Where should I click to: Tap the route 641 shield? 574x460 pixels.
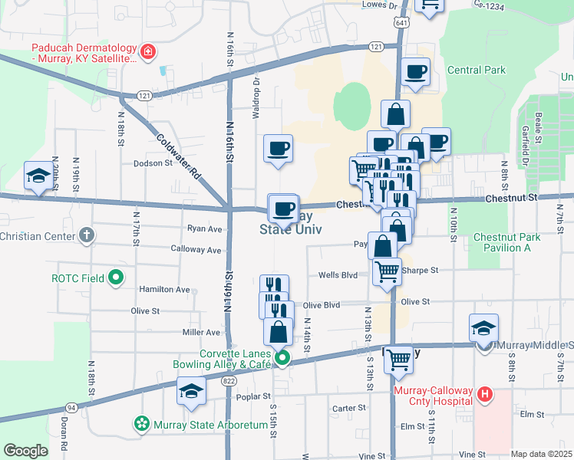401,24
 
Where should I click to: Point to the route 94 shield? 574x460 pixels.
71,408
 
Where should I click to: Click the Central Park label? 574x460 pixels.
476,71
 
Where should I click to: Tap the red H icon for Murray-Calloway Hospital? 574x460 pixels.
484,396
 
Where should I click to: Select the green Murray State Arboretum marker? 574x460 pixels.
141,422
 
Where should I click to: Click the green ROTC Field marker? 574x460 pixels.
116,277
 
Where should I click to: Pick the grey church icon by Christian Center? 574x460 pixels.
87,235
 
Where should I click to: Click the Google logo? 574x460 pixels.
25,451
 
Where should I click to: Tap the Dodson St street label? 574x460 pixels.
153,163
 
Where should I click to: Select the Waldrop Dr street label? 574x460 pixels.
257,90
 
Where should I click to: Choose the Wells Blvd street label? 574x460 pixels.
338,274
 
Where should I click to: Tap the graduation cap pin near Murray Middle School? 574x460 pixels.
483,327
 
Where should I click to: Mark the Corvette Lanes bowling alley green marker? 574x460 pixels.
282,357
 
